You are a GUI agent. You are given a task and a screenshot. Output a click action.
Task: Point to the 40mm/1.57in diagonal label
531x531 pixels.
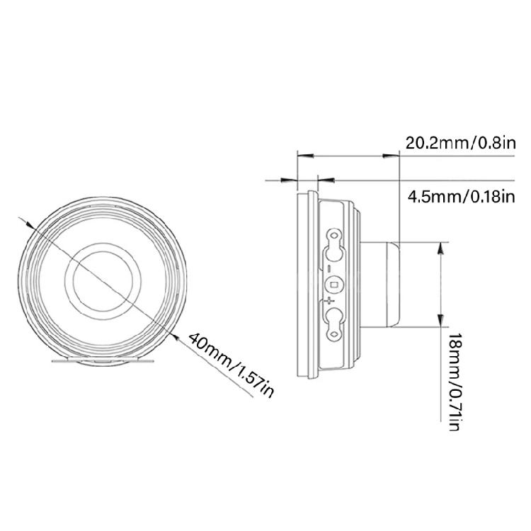pos(231,365)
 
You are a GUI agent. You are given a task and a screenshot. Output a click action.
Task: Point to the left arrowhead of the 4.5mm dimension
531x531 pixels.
pos(290,180)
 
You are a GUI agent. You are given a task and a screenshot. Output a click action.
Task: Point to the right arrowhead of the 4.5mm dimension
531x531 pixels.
pos(326,180)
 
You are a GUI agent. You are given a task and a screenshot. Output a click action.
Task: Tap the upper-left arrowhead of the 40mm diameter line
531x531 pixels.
pos(30,224)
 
